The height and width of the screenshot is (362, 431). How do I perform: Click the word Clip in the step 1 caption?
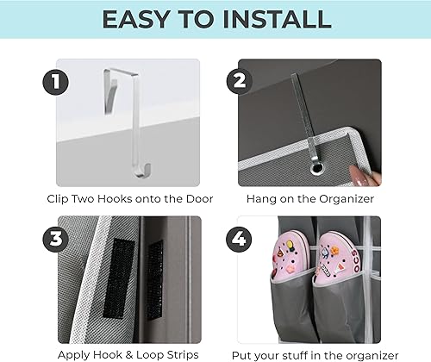[x=60, y=198]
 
